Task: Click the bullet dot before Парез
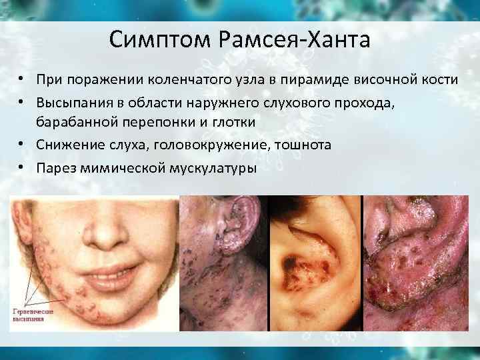point(22,167)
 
